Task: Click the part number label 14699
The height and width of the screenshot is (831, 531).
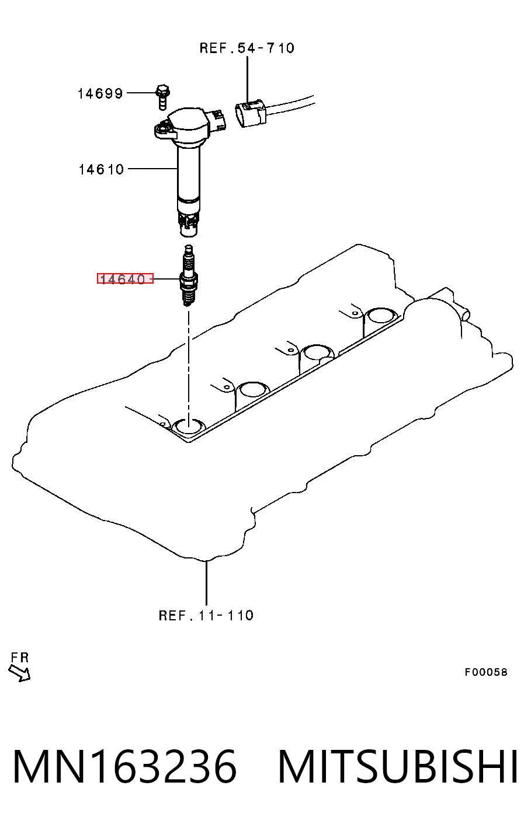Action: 100,93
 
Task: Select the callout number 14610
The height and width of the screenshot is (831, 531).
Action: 102,170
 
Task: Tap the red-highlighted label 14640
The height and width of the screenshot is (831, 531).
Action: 125,278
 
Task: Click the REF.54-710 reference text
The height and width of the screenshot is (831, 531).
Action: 247,48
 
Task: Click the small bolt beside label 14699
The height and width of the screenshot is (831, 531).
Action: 162,96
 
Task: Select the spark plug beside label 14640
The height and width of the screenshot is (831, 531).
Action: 189,275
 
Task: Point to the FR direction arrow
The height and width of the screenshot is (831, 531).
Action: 19,673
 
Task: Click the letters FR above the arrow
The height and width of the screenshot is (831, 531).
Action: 20,658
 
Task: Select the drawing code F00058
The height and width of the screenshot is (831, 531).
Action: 486,672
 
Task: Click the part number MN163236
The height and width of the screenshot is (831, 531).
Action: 125,767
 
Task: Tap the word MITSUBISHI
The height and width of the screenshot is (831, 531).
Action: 398,767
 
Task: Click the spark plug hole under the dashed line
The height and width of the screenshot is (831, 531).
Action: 190,427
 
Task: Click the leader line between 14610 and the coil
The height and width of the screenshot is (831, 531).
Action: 152,169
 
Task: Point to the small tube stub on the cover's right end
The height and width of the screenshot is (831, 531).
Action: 464,314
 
